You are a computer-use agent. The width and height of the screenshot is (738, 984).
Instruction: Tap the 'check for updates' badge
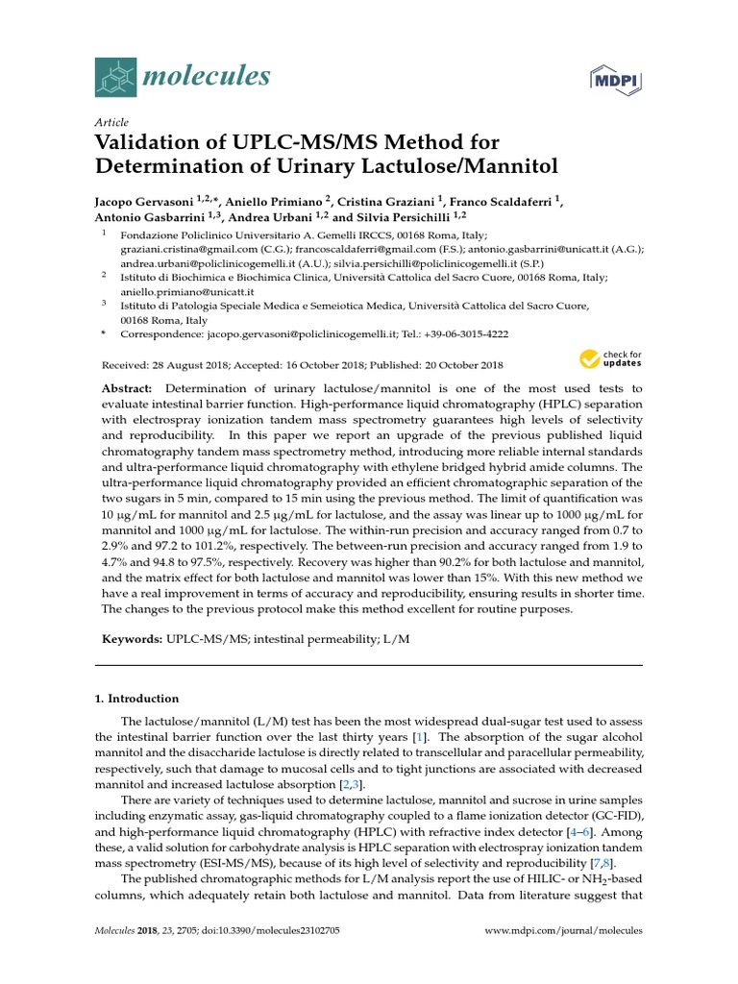pyautogui.click(x=610, y=360)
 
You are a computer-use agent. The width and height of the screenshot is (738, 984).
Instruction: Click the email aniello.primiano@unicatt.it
pyautogui.click(x=186, y=291)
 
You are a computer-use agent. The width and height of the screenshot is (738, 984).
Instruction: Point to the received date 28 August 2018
pyautogui.click(x=189, y=365)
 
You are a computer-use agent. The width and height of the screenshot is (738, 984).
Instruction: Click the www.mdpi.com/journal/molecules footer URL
pyautogui.click(x=564, y=931)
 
